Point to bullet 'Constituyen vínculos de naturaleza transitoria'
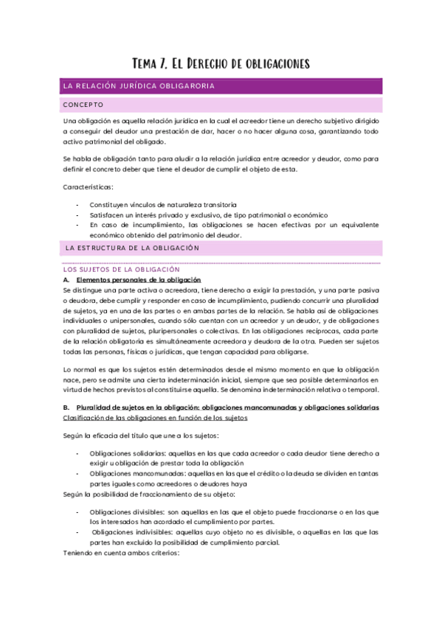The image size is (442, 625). (162, 203)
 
